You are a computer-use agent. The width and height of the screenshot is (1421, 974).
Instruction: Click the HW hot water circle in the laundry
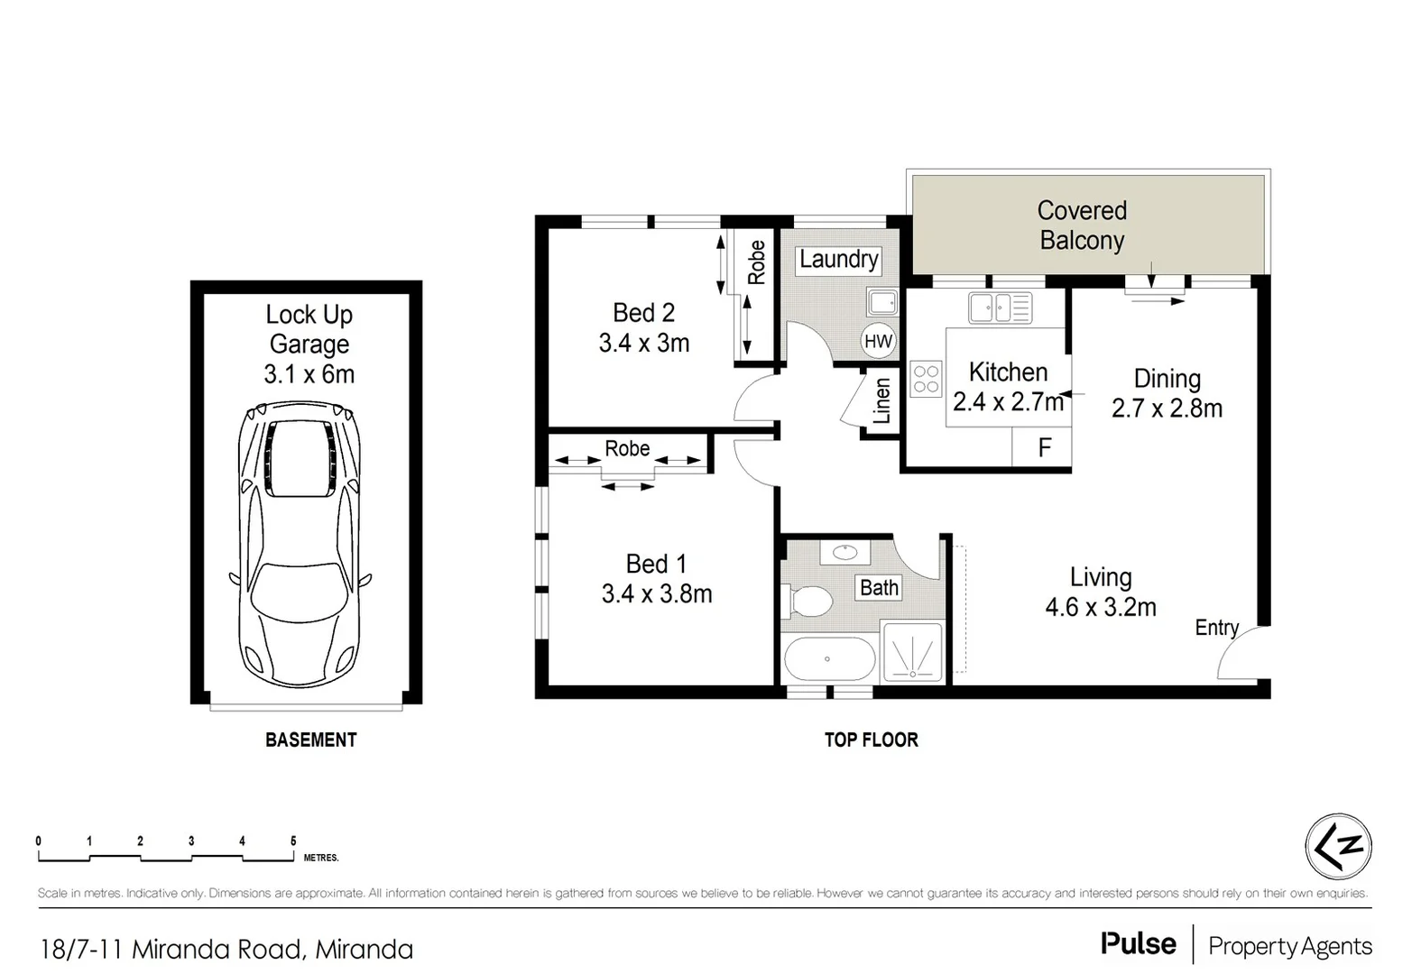pos(878,341)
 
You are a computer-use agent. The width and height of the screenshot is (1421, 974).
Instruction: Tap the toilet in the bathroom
pos(808,600)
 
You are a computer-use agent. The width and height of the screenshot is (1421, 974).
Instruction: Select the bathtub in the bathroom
pos(829,659)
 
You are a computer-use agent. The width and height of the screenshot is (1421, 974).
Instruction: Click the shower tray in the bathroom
pos(913,649)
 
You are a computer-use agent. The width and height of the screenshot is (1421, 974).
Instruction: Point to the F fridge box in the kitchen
pos(1044,447)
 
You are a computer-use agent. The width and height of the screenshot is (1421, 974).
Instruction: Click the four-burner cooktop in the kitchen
pos(926,378)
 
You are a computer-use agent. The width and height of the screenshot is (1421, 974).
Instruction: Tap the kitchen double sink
pos(1000,308)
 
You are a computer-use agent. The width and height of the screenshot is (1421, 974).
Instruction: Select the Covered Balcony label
pos(1082,225)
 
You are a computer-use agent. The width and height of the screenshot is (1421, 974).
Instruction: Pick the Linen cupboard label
pos(881,401)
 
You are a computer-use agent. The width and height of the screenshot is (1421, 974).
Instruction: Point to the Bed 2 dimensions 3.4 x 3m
pos(644,344)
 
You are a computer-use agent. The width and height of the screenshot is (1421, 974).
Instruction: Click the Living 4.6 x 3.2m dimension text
pos(1101,608)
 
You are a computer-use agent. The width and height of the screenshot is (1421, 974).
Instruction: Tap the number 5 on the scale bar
pos(293,841)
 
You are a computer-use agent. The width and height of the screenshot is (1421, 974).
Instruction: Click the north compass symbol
pos(1338,847)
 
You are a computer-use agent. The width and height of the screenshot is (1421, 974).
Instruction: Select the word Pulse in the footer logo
pos(1138,944)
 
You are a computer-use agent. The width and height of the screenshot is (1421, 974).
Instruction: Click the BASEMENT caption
pos(311,740)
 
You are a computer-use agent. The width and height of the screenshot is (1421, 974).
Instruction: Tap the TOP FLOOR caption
pos(871,740)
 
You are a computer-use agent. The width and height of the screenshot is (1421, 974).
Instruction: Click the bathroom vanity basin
pos(845,553)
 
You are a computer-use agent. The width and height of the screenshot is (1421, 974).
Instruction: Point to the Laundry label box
pos(838,260)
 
